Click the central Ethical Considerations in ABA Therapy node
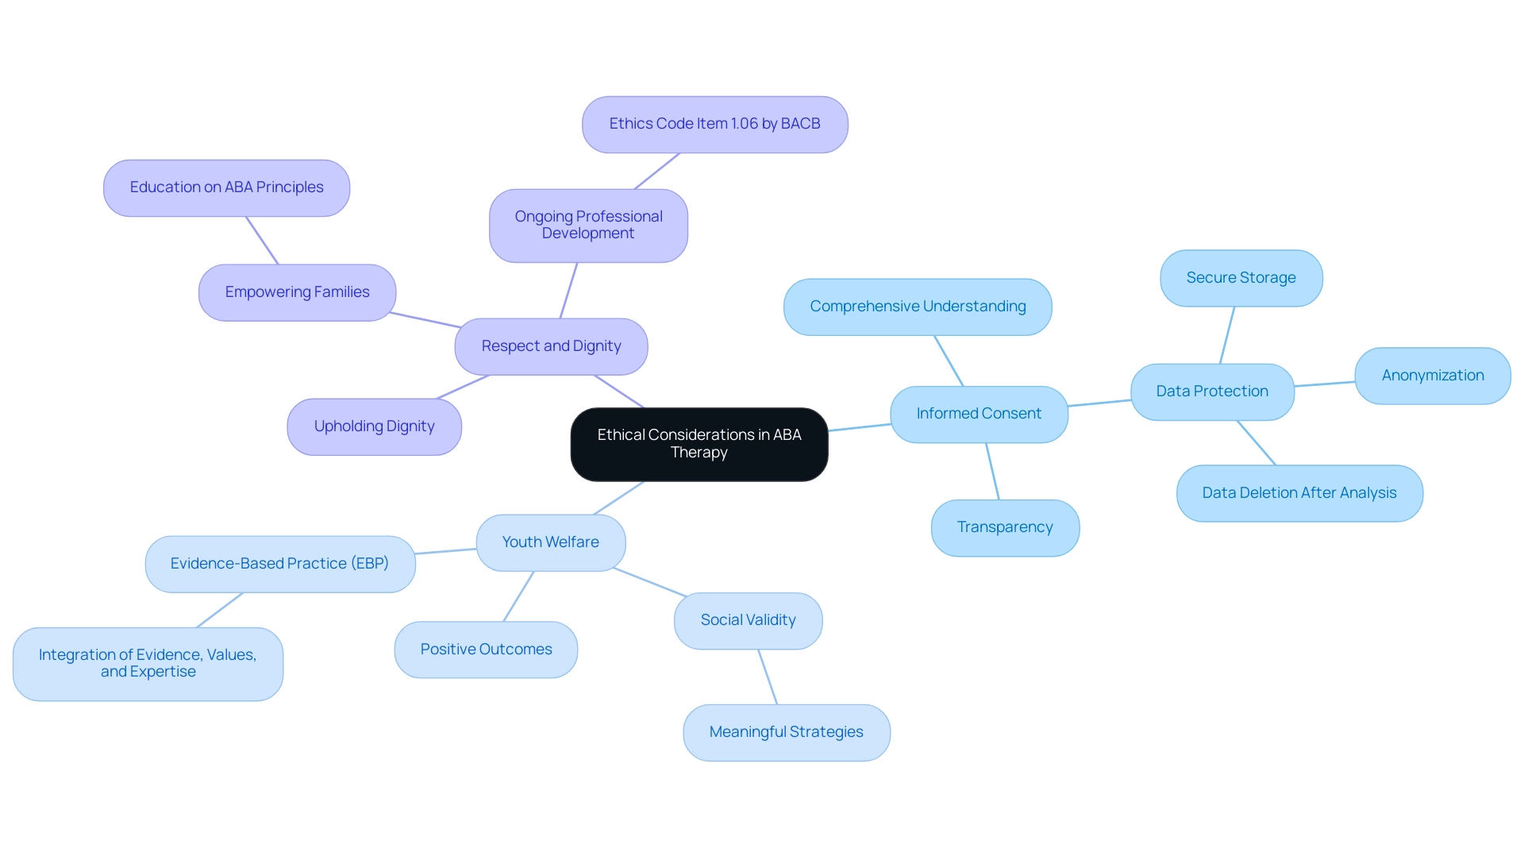coord(698,444)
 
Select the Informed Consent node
coord(979,414)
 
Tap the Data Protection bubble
coord(1212,391)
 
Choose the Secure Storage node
coord(1241,278)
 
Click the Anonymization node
coord(1432,376)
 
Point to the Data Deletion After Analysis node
coord(1299,493)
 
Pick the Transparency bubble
coord(1005,527)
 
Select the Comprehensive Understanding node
coord(918,307)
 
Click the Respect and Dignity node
coord(551,346)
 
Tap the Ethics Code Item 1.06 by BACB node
coord(714,124)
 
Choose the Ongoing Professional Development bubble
coord(588,225)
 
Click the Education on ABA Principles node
coord(226,187)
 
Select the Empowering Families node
coord(297,292)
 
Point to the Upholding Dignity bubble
coord(374,426)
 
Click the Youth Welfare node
coord(550,542)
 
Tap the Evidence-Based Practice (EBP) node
coord(279,564)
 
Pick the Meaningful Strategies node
coord(786,732)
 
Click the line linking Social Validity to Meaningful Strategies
coord(768,677)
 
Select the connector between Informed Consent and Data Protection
coord(1099,403)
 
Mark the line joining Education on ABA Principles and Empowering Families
coord(262,241)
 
